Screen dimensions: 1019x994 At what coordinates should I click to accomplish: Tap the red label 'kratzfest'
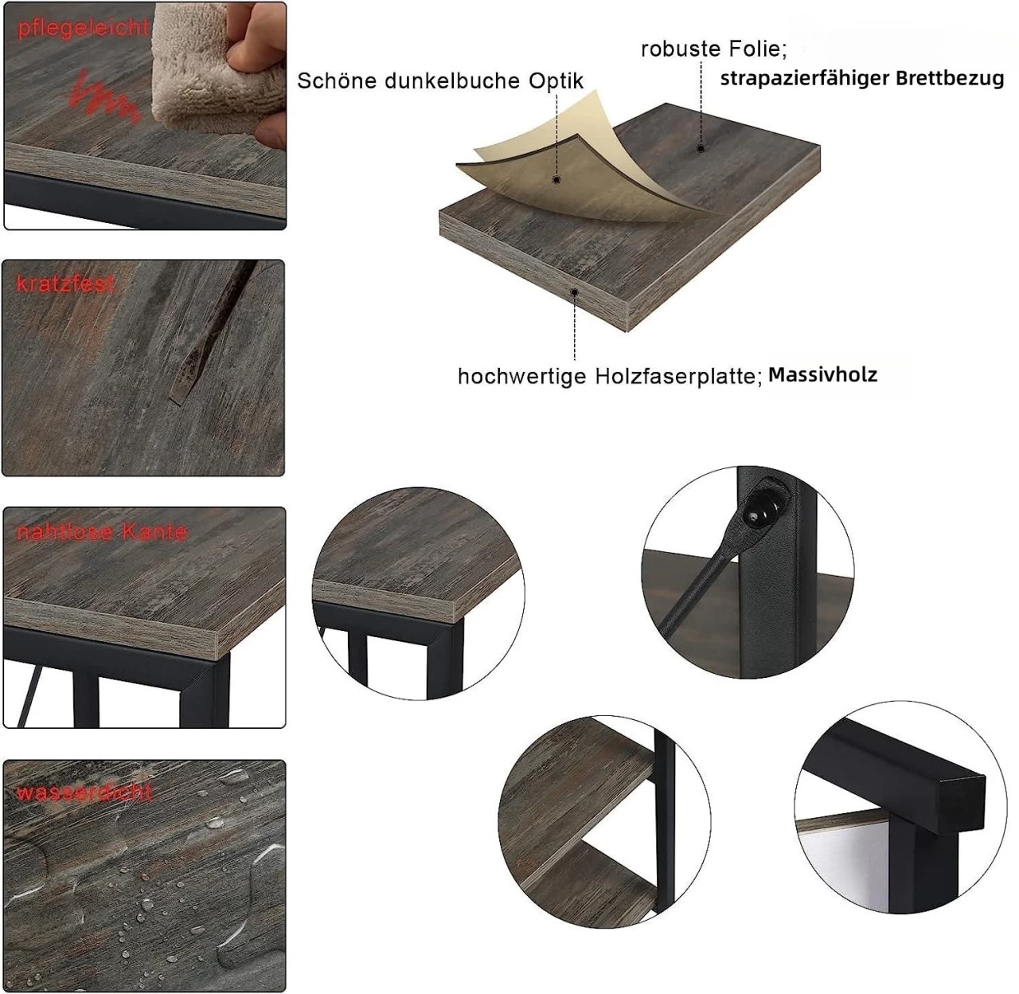(65, 284)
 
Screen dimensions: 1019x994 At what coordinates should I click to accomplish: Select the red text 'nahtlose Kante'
(102, 532)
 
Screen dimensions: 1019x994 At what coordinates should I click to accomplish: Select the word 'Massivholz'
(822, 374)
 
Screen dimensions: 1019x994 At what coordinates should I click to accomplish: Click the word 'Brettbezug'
(950, 78)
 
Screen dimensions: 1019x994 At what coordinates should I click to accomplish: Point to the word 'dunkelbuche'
(453, 80)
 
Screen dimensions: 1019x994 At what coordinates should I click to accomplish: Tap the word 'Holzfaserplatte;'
(677, 376)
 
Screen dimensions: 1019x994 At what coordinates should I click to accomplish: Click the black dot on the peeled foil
(556, 180)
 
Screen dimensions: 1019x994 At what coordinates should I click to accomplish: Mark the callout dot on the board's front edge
(575, 292)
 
